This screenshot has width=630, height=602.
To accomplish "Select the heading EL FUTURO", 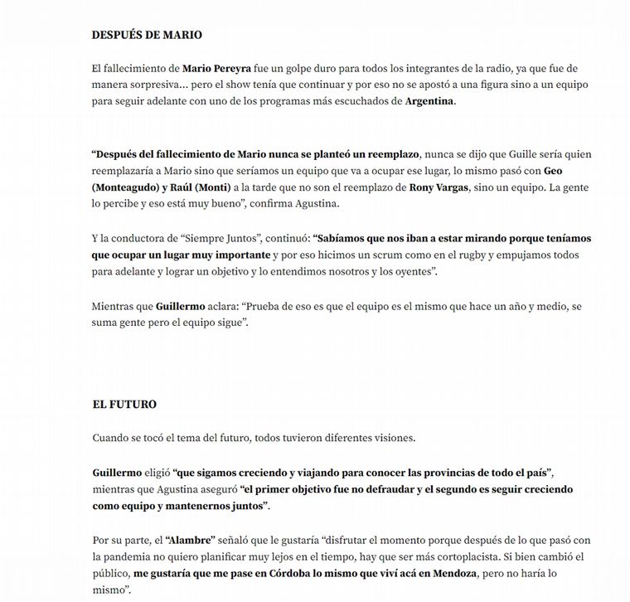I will coord(124,405).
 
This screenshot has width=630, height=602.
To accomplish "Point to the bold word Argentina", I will coord(429,101).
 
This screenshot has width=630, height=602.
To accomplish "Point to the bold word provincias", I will coord(417,472).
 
